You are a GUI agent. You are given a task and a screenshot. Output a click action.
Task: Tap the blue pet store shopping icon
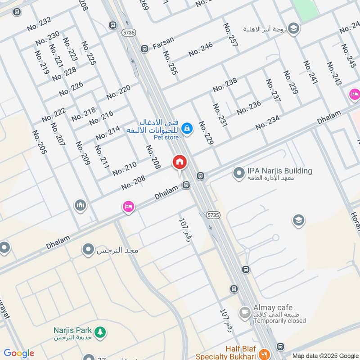(188, 130)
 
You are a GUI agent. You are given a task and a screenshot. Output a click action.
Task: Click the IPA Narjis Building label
(279, 171)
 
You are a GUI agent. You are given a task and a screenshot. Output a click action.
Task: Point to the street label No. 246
(201, 49)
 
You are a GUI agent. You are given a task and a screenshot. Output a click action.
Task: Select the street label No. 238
(225, 85)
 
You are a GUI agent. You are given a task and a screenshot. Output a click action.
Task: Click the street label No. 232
(39, 24)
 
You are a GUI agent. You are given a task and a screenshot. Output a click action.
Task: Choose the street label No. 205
(40, 142)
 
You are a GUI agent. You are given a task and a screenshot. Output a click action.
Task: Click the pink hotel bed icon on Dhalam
(128, 207)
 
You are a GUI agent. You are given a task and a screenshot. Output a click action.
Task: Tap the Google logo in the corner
(19, 353)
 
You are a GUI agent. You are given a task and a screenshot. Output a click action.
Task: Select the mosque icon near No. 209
(81, 205)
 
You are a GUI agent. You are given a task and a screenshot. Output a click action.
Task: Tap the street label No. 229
(206, 132)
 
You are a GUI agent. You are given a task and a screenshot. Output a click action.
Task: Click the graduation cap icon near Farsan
(293, 28)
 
